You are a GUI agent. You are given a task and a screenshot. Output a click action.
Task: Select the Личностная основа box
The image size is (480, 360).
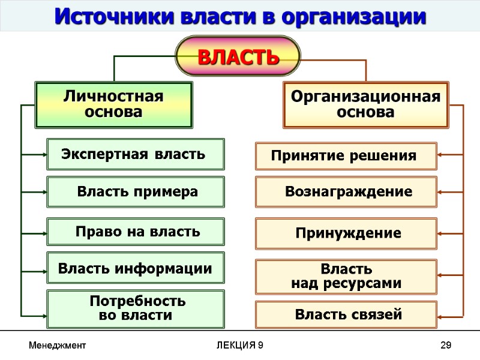(x=114, y=105)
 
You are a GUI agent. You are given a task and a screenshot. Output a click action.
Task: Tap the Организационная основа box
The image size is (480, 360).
(x=365, y=105)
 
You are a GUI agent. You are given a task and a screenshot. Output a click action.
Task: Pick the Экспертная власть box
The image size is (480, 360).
(x=136, y=155)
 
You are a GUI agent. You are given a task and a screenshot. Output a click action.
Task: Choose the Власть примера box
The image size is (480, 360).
(x=136, y=192)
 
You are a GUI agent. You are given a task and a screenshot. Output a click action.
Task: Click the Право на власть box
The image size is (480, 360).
(x=136, y=232)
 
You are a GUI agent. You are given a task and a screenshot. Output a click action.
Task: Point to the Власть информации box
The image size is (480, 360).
(x=136, y=268)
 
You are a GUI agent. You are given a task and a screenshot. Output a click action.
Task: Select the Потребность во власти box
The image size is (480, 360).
(x=136, y=308)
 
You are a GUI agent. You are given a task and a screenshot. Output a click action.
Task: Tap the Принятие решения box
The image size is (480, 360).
(x=346, y=156)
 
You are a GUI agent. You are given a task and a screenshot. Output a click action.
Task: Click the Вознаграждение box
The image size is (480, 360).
(x=346, y=192)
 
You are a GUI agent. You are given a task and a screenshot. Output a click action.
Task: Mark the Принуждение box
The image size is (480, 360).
(x=346, y=233)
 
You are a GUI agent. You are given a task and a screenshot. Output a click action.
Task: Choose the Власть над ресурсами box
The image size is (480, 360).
(x=346, y=276)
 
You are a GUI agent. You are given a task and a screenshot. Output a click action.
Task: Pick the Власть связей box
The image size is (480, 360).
(x=346, y=314)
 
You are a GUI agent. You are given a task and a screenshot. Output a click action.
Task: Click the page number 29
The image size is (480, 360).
(x=445, y=345)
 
